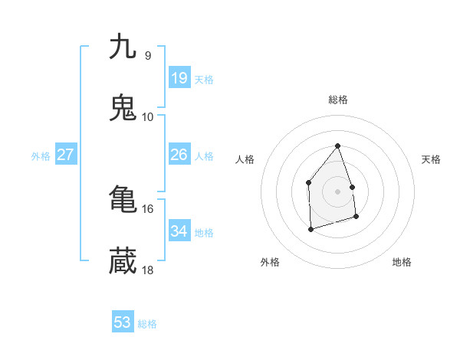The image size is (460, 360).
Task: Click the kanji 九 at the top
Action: coord(123,47)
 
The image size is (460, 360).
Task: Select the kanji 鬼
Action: coord(123,108)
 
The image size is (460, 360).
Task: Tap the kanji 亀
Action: coord(123,200)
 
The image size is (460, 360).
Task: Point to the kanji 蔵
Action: coord(123,261)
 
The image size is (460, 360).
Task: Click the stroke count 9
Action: coord(147,55)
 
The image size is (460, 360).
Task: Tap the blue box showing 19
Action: coord(179,78)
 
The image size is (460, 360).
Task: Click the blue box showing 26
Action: coord(179,155)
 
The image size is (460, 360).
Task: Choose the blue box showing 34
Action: coord(179,231)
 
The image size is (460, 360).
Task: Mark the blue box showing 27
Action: coord(65,155)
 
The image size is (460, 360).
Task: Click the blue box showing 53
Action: coord(122,322)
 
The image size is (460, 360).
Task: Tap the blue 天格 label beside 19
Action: coord(204,80)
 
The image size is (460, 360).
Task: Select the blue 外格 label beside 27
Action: coord(41,156)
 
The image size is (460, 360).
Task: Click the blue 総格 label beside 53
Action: coord(147,324)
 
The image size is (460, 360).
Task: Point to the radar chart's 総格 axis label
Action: coord(338,100)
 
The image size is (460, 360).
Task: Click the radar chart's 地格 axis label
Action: coord(402,262)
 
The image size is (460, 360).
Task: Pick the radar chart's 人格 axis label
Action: coord(245,159)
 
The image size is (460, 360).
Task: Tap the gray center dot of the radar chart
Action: coord(337,191)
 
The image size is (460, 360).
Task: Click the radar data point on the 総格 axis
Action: coord(337,146)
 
